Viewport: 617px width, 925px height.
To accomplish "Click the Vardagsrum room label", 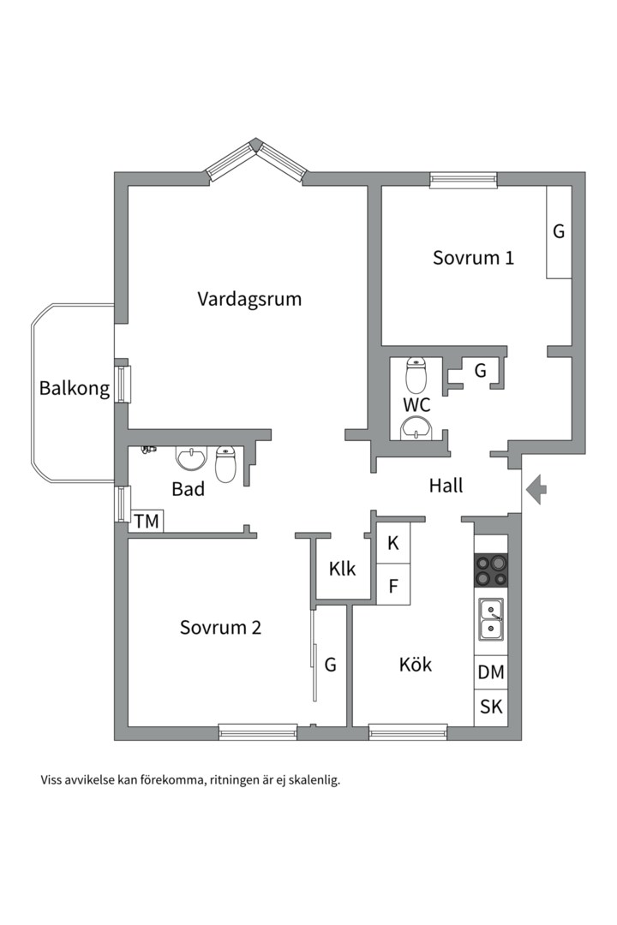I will tap(249, 299).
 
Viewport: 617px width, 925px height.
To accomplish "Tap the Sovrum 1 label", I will tap(473, 257).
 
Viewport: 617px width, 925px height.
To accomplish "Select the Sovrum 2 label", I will tap(220, 627).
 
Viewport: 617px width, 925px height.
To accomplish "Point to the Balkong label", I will tap(75, 388).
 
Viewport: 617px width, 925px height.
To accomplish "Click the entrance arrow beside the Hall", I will tap(536, 490).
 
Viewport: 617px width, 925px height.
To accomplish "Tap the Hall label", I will tap(446, 486).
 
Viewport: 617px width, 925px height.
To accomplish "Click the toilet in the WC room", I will tap(416, 375).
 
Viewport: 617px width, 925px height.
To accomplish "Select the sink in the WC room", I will tap(417, 427).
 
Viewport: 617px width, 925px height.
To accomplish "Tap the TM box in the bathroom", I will tap(146, 521).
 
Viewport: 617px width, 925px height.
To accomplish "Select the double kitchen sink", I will tap(491, 619).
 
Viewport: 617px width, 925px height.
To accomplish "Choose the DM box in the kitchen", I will tap(491, 672).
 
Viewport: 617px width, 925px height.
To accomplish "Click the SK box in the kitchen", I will tap(491, 707).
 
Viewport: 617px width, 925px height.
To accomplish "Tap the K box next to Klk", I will tap(393, 543).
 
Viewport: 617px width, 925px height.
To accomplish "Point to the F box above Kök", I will tap(393, 587).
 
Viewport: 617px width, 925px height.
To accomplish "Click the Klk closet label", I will tap(342, 569).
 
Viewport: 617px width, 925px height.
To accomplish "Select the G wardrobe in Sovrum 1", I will tap(559, 231).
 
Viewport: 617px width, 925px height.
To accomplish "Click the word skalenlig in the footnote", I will tap(312, 780).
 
